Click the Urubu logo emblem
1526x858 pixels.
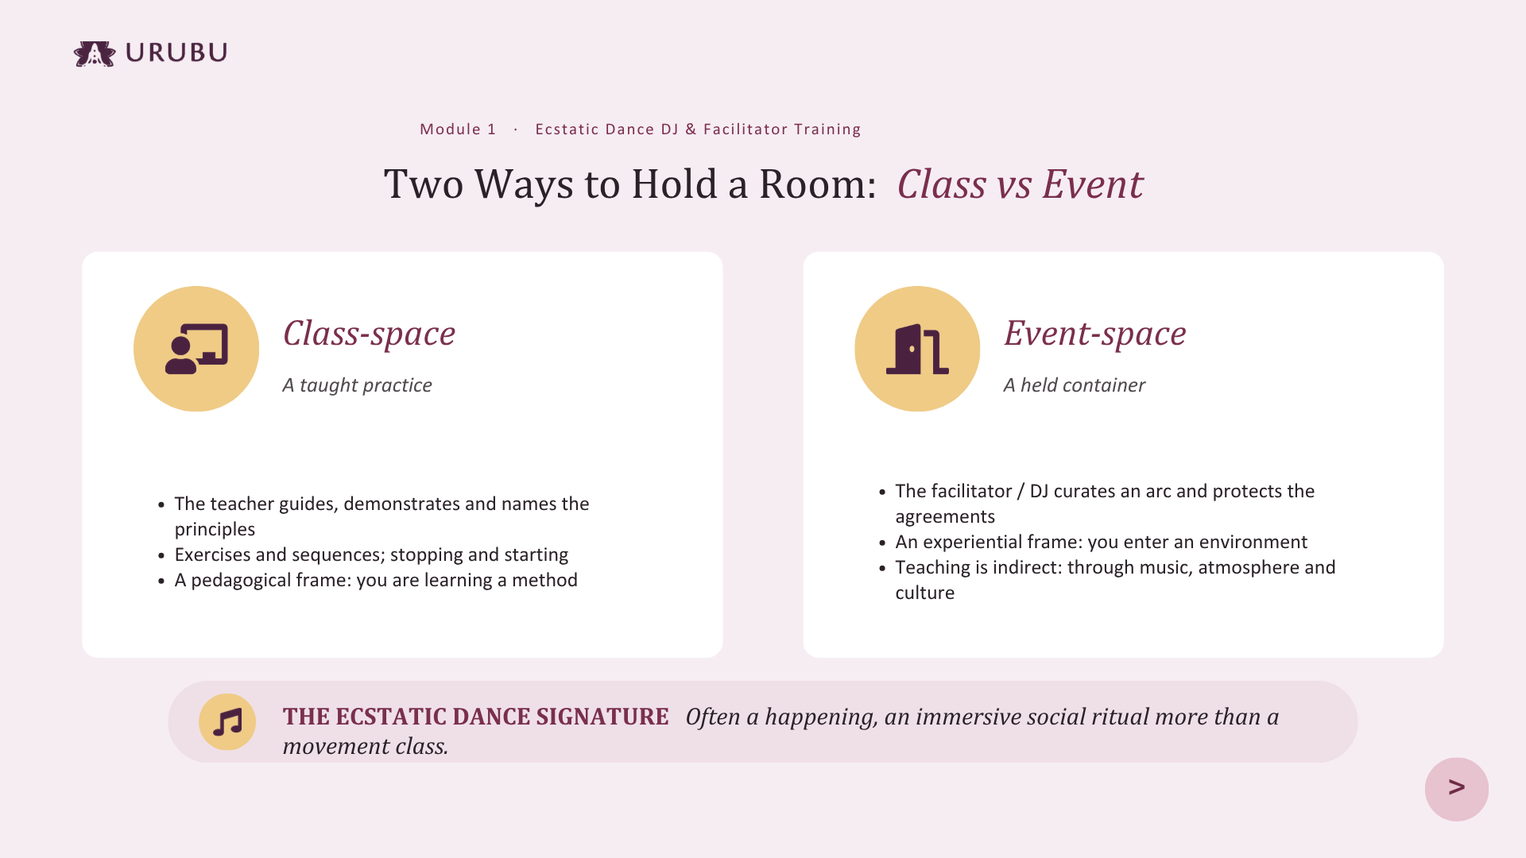pos(95,53)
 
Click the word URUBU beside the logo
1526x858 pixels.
pos(176,52)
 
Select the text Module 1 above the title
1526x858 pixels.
pos(458,129)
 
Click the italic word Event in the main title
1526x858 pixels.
pos(1093,184)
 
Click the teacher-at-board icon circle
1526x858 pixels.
pos(196,349)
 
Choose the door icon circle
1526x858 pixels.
pos(917,349)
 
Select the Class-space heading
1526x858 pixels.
pos(369,334)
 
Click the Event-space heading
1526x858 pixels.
pos(1094,334)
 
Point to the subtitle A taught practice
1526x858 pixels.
pos(358,385)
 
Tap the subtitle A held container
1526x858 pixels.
pos(1074,385)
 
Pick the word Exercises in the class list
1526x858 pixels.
pos(212,555)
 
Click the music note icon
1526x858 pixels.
pos(227,722)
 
